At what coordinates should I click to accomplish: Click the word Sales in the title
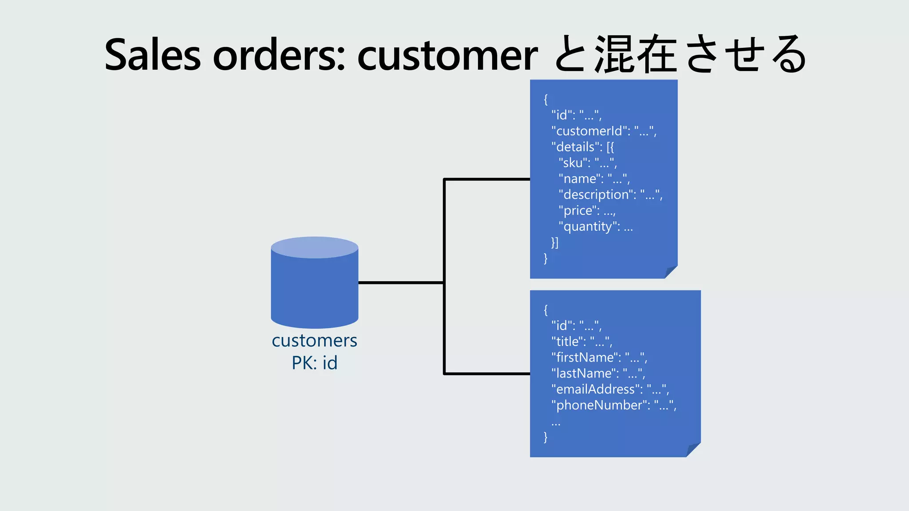pyautogui.click(x=152, y=55)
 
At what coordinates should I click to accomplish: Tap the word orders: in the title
pyautogui.click(x=279, y=55)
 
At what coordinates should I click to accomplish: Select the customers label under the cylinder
pyautogui.click(x=314, y=341)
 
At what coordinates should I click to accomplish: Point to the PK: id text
pyautogui.click(x=314, y=363)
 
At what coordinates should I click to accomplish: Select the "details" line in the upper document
pyautogui.click(x=582, y=147)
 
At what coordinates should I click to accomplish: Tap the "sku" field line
pyautogui.click(x=588, y=163)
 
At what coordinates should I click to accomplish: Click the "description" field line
pyautogui.click(x=610, y=195)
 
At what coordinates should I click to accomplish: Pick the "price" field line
pyautogui.click(x=587, y=211)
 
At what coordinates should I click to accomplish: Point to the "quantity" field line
pyautogui.click(x=596, y=227)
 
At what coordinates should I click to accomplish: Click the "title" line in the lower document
pyautogui.click(x=581, y=342)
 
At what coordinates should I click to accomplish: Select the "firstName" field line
pyautogui.click(x=599, y=358)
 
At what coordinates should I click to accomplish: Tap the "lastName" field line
pyautogui.click(x=598, y=373)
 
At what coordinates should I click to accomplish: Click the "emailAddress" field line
pyautogui.click(x=610, y=389)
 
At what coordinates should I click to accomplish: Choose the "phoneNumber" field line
pyautogui.click(x=613, y=405)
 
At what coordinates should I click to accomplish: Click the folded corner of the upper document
pyautogui.click(x=670, y=272)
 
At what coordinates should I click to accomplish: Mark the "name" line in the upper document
pyautogui.click(x=594, y=179)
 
